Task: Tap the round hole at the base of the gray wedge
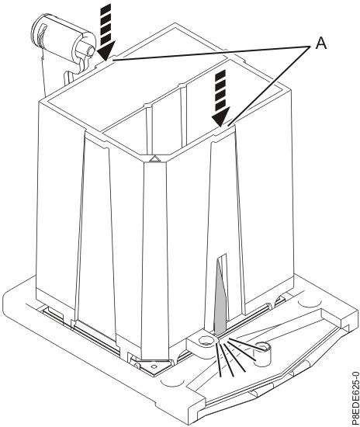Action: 207,340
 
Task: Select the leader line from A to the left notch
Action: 209,52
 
